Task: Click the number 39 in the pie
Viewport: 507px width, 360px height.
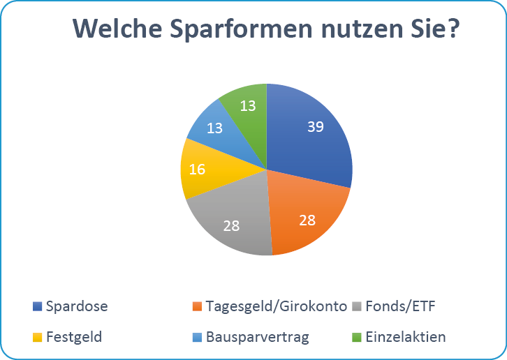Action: (x=316, y=126)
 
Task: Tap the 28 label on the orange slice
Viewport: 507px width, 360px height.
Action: (x=307, y=220)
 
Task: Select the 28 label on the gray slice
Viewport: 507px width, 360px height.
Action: (x=232, y=225)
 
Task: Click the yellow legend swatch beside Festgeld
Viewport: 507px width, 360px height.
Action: (x=38, y=337)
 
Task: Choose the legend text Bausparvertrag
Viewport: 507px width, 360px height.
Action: (x=257, y=337)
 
